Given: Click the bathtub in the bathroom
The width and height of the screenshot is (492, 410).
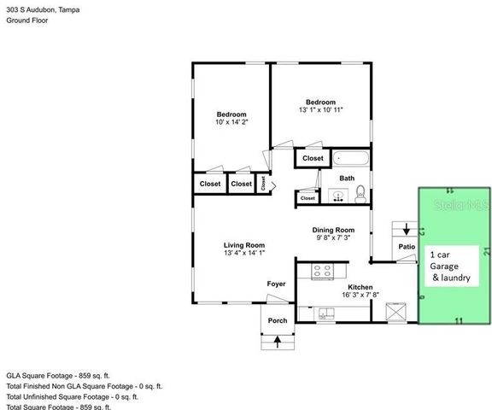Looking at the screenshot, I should tap(351, 158).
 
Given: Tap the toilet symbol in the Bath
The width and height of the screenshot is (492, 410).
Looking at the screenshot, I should tap(360, 194).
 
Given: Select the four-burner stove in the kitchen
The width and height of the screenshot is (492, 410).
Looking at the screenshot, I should tap(323, 272).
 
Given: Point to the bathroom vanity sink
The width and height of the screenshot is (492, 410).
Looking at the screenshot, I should tap(339, 196).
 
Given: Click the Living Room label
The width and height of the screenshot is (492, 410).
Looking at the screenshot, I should tap(243, 244).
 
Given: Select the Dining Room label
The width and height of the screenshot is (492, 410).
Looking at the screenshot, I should tap(333, 230).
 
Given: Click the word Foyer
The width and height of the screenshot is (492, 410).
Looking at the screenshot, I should tap(276, 284).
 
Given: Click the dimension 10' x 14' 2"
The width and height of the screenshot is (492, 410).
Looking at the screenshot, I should tap(231, 123).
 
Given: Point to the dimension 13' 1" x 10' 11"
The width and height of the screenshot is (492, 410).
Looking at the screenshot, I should tap(321, 109).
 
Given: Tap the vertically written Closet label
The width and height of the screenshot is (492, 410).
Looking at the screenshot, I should tap(263, 182).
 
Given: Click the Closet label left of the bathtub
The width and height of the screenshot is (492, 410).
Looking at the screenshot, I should tap(313, 158).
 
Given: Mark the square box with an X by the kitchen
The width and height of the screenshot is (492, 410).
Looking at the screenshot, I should tap(396, 313).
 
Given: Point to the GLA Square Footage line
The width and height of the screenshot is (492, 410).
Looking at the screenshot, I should tap(58, 375).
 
